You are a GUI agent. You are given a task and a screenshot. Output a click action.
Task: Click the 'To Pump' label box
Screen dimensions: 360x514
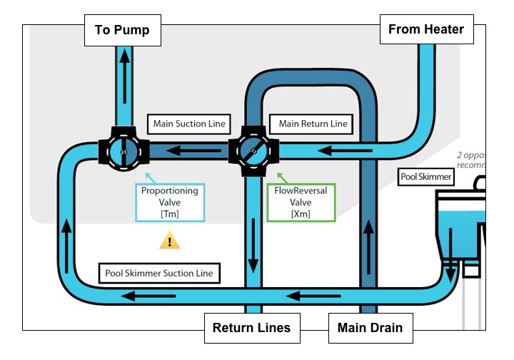(x=122, y=31)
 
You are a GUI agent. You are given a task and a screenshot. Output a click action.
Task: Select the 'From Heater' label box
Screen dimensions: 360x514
(x=426, y=29)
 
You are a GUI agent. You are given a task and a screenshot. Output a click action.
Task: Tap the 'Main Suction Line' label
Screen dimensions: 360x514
(x=189, y=124)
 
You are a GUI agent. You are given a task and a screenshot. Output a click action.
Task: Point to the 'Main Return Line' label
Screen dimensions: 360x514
(x=313, y=124)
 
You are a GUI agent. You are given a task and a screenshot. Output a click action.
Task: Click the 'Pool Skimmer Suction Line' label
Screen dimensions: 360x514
(x=159, y=273)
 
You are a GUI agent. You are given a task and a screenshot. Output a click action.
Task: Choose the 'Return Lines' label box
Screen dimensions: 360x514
(x=252, y=329)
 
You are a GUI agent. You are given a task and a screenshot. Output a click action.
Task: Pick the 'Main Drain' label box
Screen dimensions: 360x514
(x=370, y=329)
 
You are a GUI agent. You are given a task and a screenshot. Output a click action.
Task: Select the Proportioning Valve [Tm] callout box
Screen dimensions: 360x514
(x=170, y=202)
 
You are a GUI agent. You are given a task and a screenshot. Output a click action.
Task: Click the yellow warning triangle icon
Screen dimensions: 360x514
(x=169, y=241)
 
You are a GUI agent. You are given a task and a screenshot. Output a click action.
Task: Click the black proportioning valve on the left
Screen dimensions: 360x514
(x=123, y=151)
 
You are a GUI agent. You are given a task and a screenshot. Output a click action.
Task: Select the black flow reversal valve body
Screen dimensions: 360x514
(x=253, y=151)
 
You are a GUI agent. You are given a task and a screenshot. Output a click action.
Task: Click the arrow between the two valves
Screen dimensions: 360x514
(x=188, y=151)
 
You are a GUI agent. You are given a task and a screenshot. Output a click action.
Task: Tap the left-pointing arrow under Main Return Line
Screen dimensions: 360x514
(x=336, y=151)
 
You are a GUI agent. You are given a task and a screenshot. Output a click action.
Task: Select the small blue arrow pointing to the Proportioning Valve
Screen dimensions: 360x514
(x=148, y=175)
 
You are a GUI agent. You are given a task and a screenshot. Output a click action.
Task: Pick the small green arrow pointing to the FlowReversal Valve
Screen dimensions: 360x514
(x=279, y=175)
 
